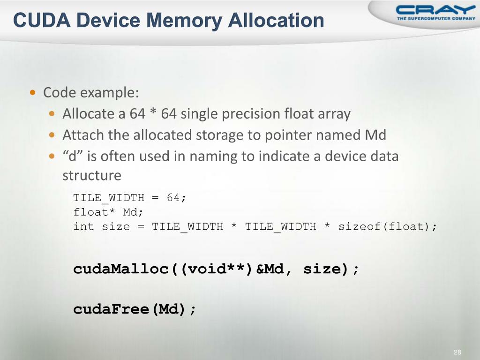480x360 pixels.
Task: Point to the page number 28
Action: coord(457,352)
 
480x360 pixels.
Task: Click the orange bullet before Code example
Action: coord(32,92)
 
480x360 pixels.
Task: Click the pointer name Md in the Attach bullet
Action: coord(375,135)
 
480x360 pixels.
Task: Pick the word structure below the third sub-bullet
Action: coord(92,176)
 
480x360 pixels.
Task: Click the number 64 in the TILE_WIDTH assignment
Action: coord(173,198)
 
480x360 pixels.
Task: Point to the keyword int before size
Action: coord(83,227)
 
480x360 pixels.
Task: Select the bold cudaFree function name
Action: coord(111,309)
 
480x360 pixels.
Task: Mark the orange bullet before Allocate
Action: coord(53,114)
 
